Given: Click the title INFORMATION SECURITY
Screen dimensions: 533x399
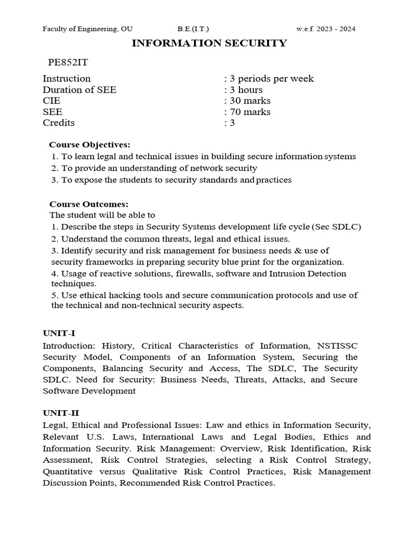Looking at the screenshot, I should [x=209, y=43].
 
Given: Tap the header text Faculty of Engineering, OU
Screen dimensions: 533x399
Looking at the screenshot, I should [x=87, y=29].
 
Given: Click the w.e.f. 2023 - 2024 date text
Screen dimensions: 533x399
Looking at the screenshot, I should [x=326, y=29].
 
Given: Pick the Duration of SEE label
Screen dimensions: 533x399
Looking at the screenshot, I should [x=79, y=90].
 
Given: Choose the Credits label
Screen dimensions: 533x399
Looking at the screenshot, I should [x=59, y=123].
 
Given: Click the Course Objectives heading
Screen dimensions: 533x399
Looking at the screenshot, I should [x=90, y=144].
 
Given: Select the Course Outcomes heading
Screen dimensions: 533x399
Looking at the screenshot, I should [x=88, y=204].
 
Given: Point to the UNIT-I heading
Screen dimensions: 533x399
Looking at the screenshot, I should [x=59, y=333].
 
